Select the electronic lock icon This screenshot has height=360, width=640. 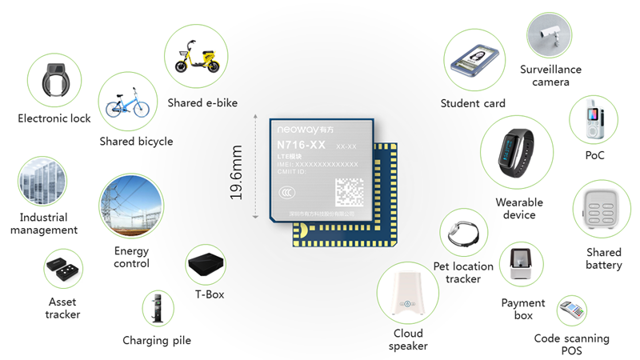tap(54, 81)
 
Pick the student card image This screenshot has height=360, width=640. tap(474, 62)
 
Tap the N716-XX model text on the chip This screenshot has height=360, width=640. tap(301, 145)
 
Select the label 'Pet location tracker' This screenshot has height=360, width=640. tap(463, 272)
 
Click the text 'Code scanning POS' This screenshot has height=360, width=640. tap(571, 345)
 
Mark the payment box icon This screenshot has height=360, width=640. tap(522, 268)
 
